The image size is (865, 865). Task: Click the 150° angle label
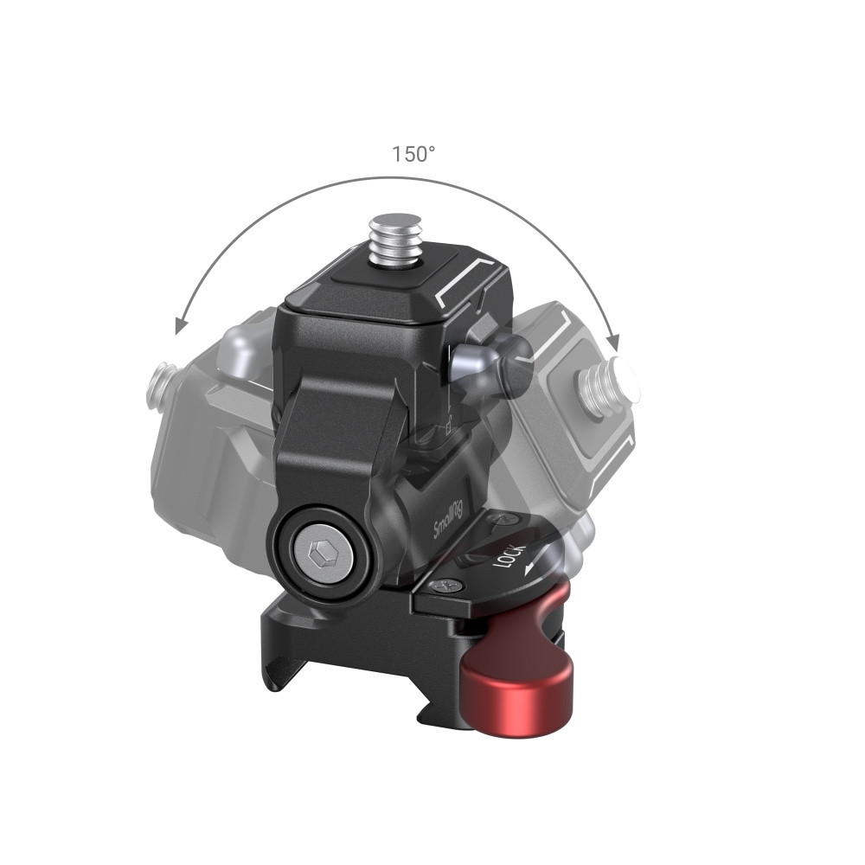point(413,155)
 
